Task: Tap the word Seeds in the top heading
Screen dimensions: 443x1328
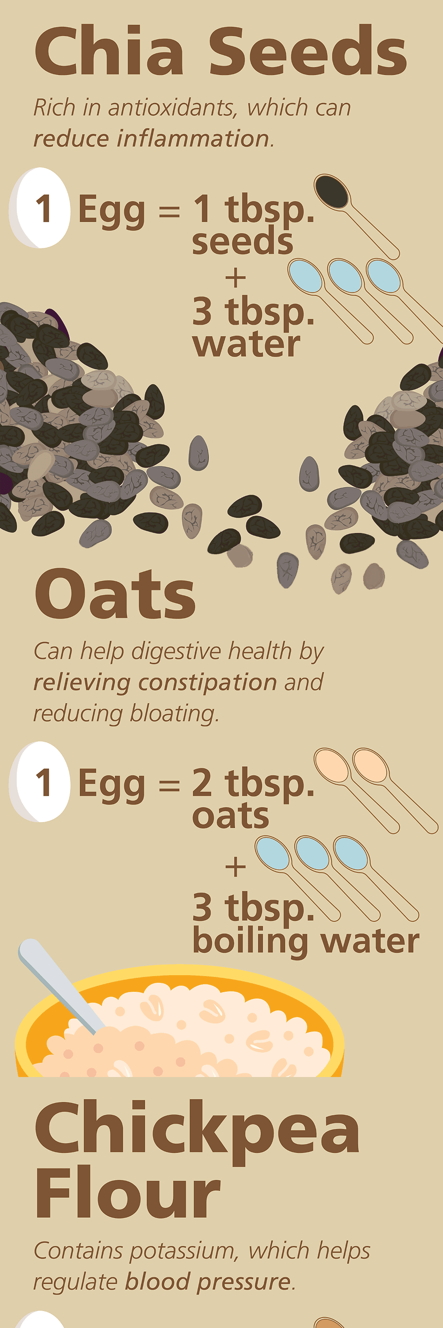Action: coord(308,51)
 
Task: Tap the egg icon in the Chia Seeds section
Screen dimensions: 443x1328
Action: coord(40,208)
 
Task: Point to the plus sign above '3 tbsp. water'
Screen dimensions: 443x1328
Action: coord(236,278)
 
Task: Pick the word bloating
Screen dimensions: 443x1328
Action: coord(174,714)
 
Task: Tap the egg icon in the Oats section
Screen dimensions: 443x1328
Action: coord(40,782)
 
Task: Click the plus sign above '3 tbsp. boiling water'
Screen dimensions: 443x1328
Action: coord(236,867)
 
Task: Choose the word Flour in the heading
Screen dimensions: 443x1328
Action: coord(128,1193)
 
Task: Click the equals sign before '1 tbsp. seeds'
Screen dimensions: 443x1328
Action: coord(169,211)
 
